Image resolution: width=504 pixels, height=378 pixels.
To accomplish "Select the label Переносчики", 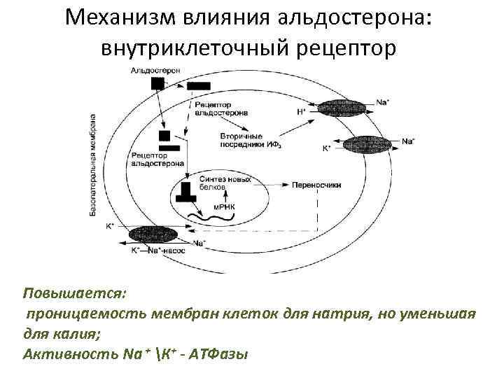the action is (322, 185).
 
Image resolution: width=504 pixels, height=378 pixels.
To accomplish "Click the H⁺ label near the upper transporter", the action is (301, 112).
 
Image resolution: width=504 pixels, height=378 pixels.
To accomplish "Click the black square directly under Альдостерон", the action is (159, 83).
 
